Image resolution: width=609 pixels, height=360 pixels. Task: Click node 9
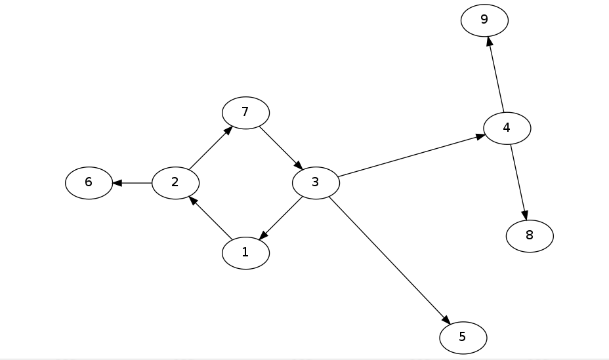484,20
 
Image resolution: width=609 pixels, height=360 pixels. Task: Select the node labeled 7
245,113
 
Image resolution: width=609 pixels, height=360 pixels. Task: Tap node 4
507,128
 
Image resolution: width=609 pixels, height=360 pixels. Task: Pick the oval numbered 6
89,182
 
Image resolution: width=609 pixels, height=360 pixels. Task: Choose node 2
175,182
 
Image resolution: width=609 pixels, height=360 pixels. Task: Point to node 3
316,182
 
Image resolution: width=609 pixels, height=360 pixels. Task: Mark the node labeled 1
245,252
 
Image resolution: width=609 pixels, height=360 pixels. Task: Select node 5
463,338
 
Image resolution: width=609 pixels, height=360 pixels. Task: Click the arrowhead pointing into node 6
117,182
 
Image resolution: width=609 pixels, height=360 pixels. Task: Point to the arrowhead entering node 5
446,319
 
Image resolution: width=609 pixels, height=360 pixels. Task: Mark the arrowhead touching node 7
227,130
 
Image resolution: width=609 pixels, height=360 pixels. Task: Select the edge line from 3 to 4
410,156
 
